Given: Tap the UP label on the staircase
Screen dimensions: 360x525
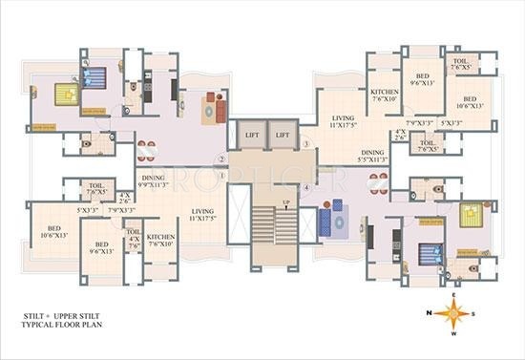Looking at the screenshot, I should point(286,203).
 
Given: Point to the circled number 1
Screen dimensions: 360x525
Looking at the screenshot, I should point(221,175).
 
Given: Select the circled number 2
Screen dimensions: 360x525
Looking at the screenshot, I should point(221,159).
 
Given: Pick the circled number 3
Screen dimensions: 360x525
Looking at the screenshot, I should point(305,144).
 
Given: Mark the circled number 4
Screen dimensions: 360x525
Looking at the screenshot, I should point(305,188).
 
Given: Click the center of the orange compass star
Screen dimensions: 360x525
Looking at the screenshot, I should point(455,311).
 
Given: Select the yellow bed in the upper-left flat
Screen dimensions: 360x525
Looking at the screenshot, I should point(66,94).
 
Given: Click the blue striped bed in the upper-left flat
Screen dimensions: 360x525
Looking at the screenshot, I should point(94,77).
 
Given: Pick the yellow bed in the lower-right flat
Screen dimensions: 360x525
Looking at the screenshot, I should point(472,214).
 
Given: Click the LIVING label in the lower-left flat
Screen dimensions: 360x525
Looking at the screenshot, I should point(203,212).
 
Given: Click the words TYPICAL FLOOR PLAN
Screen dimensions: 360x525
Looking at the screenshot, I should point(63,327).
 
